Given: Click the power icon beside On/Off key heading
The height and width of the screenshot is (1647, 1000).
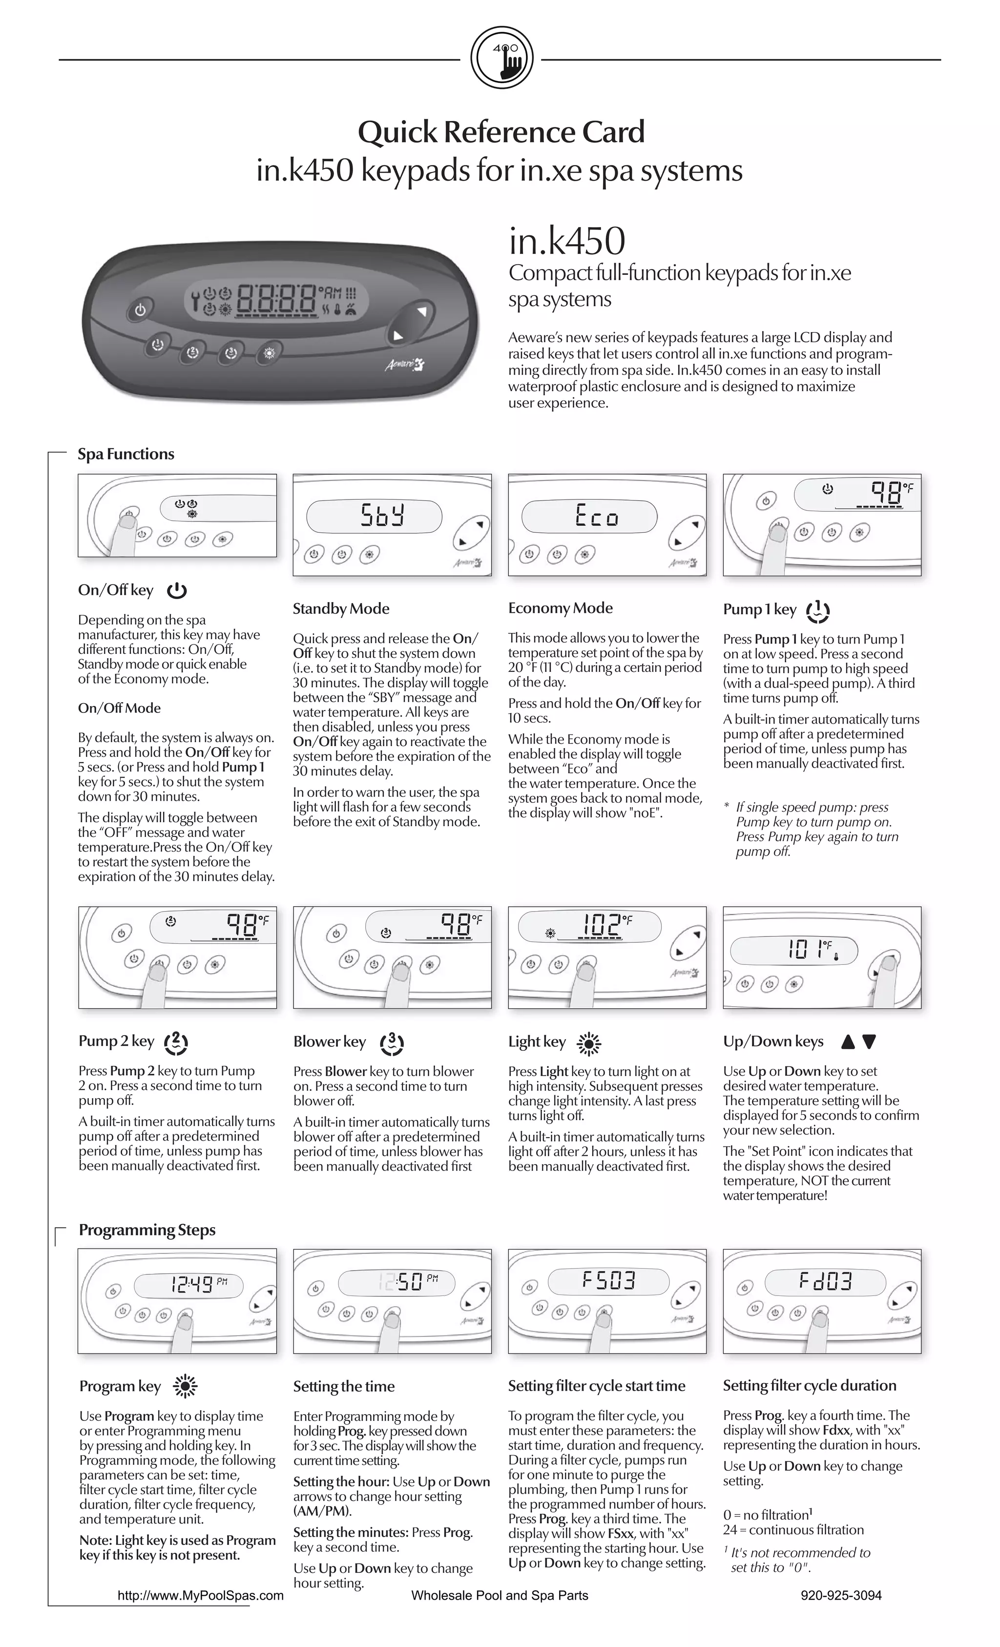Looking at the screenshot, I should (177, 591).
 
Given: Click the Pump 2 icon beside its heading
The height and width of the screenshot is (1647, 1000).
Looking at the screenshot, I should (176, 1042).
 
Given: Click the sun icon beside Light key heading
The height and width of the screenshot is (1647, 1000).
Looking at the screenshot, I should (589, 1043).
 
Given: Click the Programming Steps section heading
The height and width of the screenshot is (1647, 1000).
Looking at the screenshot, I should (147, 1230).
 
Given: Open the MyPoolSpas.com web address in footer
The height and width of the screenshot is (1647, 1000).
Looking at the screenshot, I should (201, 1596).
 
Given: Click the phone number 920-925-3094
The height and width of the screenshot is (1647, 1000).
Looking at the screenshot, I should (841, 1596).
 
